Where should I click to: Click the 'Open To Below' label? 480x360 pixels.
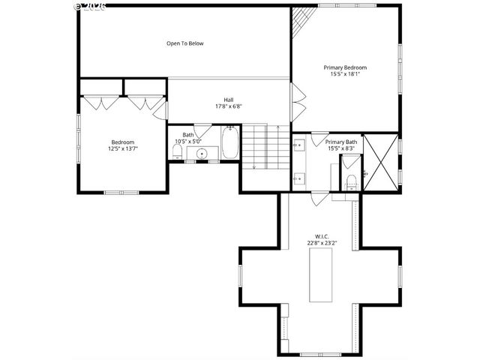point(184,43)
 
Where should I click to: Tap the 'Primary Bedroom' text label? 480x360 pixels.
point(344,67)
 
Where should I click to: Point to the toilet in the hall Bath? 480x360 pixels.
point(176,153)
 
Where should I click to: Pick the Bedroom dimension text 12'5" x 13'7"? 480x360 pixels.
point(124,148)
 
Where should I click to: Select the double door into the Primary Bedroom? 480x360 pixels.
point(298,101)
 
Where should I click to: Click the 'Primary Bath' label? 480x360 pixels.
point(341,142)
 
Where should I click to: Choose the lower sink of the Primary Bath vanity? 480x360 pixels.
point(299,178)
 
